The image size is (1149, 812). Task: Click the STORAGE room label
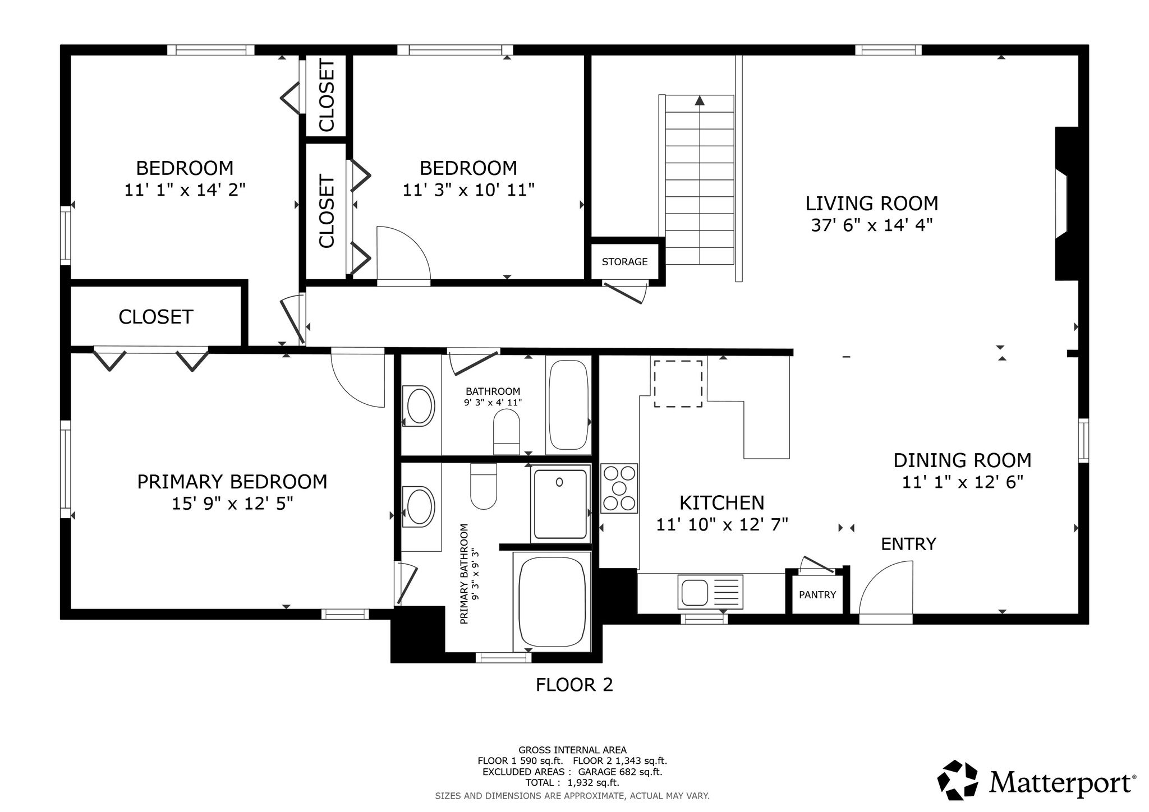coord(624,262)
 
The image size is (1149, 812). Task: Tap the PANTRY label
coord(817,595)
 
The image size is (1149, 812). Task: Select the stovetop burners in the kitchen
coord(619,488)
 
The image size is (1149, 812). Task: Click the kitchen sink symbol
coord(710,592)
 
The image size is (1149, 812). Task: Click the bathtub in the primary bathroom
coord(552,601)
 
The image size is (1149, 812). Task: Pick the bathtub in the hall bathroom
coord(568,405)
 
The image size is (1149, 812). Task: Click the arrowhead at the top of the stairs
coord(700,101)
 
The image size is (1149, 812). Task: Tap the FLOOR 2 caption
coord(574,685)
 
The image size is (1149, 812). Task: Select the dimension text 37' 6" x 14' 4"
coord(872,225)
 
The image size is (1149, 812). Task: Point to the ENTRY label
coord(908,544)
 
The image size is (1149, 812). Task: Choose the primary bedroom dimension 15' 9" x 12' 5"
coord(232,504)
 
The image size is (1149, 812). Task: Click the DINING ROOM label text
coord(962,460)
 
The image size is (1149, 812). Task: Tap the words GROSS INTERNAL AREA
coord(572,750)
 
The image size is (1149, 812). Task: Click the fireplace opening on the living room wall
coord(1061,205)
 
